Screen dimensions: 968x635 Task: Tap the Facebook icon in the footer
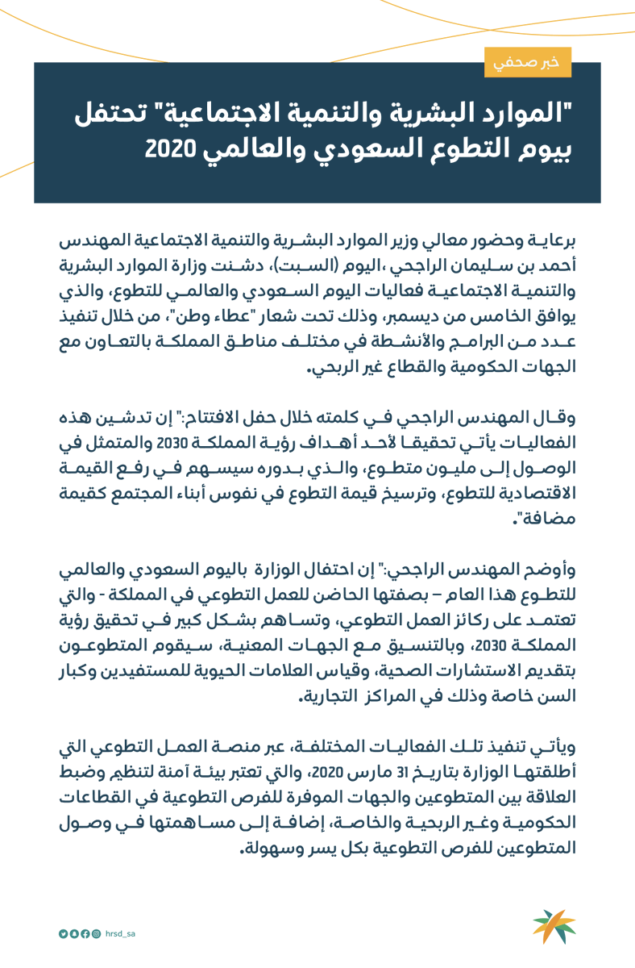coord(85,933)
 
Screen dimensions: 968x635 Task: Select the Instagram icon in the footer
coord(96,933)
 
